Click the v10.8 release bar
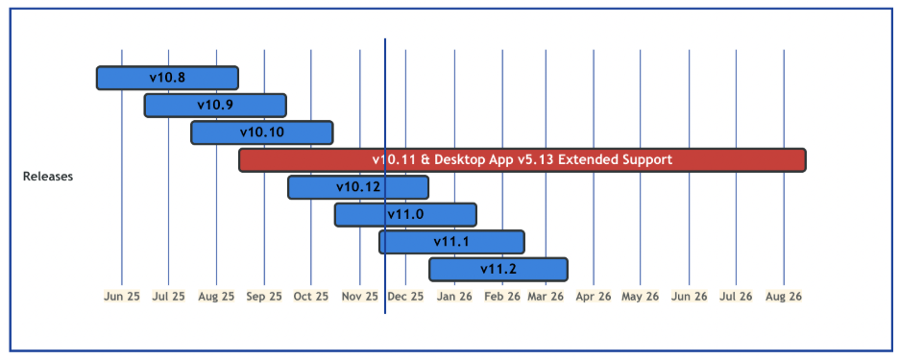(167, 78)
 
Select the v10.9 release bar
(215, 105)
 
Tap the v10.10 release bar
(262, 132)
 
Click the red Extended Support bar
(522, 159)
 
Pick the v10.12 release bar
(358, 187)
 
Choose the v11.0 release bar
(405, 214)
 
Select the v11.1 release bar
(451, 241)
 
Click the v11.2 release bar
(498, 269)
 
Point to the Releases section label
(48, 177)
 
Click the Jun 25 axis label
(121, 297)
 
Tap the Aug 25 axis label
(216, 297)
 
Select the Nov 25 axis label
(360, 297)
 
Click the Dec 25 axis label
(405, 297)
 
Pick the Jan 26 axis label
(453, 297)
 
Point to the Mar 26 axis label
(546, 297)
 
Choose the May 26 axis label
(640, 297)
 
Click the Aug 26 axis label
(784, 297)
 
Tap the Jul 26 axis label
(736, 297)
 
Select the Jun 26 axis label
(688, 297)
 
